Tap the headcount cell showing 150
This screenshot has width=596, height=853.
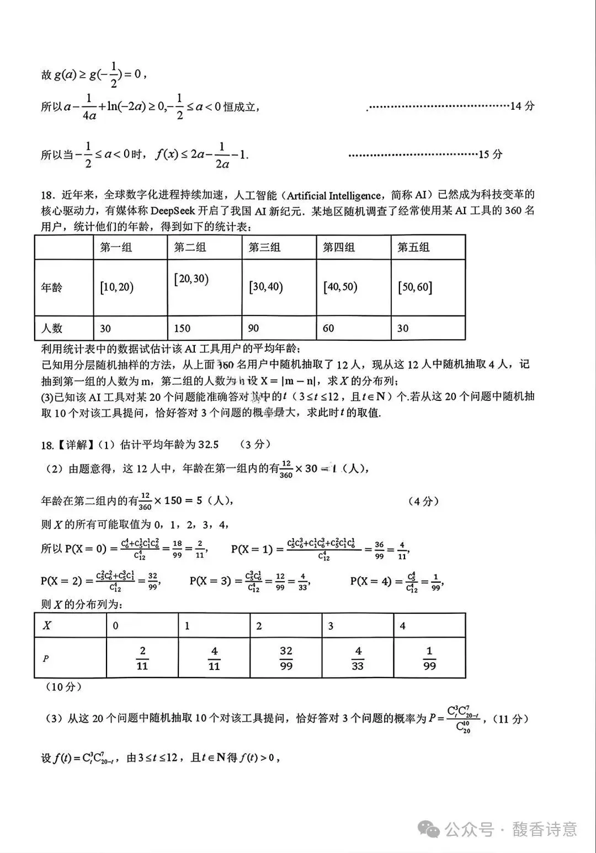pyautogui.click(x=182, y=329)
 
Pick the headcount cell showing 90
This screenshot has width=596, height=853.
pyautogui.click(x=253, y=329)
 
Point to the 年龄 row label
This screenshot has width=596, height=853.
pyautogui.click(x=52, y=287)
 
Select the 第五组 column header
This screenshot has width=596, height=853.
pyautogui.click(x=413, y=248)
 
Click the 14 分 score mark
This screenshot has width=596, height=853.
pyautogui.click(x=522, y=106)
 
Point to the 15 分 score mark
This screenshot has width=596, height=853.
pyautogui.click(x=490, y=154)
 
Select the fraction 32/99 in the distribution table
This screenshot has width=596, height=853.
pyautogui.click(x=286, y=658)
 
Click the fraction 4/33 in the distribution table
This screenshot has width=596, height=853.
pyautogui.click(x=358, y=658)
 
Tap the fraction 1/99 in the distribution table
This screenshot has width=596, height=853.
pyautogui.click(x=429, y=658)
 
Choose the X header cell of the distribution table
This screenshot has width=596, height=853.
pyautogui.click(x=47, y=626)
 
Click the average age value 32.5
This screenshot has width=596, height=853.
pyautogui.click(x=208, y=444)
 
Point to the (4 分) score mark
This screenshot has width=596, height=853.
pyautogui.click(x=423, y=501)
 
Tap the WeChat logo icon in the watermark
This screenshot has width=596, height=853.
pyautogui.click(x=429, y=829)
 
